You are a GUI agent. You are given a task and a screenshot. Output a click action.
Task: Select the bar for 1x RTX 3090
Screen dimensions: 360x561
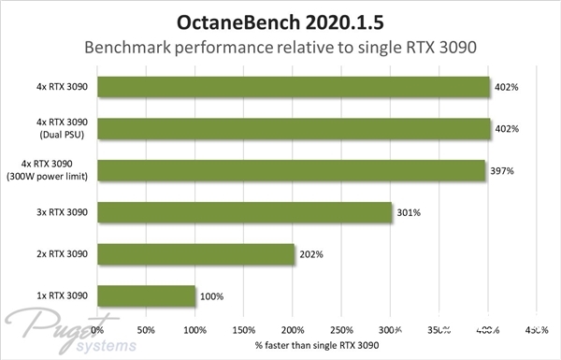[146, 295]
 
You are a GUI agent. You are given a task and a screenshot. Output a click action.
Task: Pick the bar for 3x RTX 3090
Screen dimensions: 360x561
[244, 212]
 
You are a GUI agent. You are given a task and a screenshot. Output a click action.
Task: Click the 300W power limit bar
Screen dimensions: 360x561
[291, 170]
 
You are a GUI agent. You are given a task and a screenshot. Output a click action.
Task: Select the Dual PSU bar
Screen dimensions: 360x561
[294, 128]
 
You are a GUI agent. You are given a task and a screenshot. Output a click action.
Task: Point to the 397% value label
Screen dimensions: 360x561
[503, 171]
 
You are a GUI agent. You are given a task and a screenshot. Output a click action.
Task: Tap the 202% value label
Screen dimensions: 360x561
[311, 254]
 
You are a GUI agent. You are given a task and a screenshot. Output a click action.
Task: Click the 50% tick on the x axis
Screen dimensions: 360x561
[146, 329]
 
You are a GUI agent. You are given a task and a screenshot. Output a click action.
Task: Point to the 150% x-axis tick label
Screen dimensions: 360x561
[243, 329]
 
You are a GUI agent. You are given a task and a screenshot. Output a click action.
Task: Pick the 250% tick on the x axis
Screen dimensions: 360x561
[341, 329]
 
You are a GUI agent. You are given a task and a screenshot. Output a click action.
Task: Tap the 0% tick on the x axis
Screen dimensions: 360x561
[98, 329]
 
